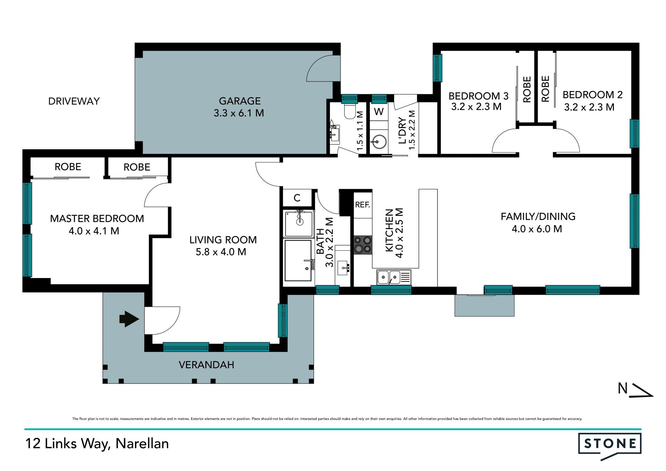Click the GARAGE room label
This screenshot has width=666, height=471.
(240, 101)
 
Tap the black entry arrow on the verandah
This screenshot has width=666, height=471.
(129, 319)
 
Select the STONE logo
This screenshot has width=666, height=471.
(610, 446)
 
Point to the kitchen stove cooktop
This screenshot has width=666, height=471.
(363, 245)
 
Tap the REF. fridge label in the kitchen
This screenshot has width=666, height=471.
(362, 205)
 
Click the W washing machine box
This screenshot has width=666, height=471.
(379, 112)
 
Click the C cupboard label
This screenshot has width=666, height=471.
(297, 198)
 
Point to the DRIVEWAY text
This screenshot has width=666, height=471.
(74, 101)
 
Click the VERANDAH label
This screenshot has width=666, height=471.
(206, 365)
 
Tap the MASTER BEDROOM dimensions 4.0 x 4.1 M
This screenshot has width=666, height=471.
(94, 231)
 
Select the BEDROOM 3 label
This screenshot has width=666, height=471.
(478, 96)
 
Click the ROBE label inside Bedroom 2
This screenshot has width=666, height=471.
(545, 89)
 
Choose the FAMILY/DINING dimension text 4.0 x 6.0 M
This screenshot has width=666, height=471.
(537, 229)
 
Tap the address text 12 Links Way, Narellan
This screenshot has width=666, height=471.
(97, 444)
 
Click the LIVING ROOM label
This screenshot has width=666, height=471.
(223, 240)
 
